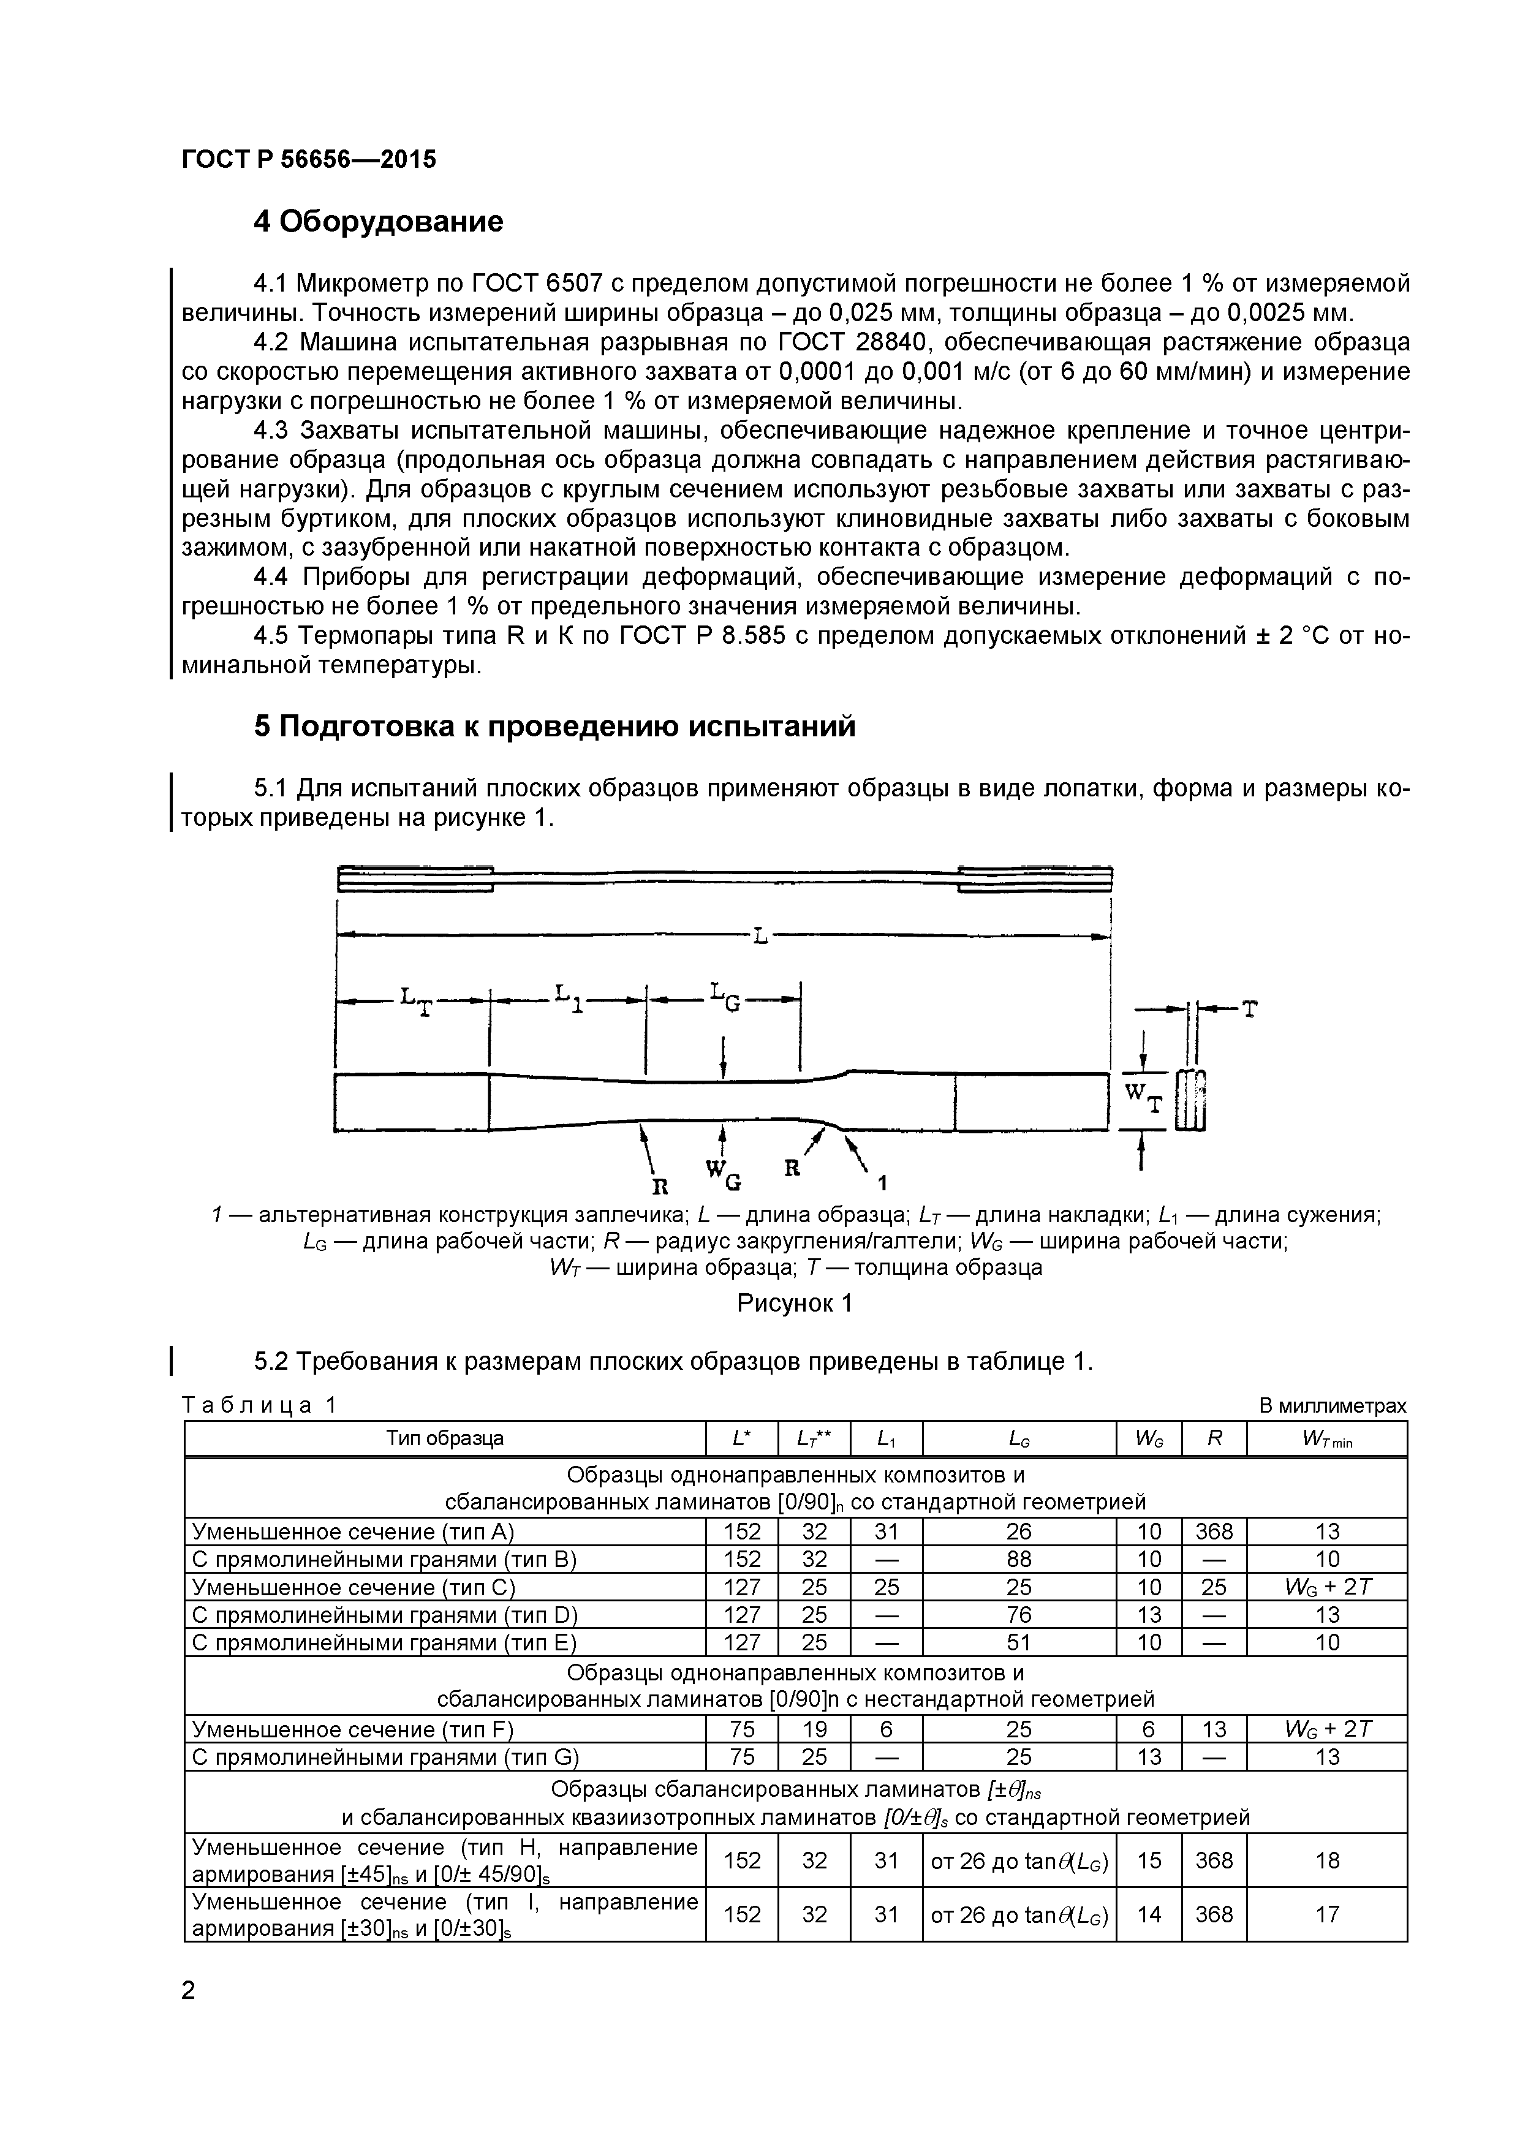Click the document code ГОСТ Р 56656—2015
click(309, 160)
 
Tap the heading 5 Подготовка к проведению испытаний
click(554, 727)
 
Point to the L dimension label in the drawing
click(760, 935)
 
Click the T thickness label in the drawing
click(1249, 1008)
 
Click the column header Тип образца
click(445, 1438)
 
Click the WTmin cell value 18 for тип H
click(1326, 1860)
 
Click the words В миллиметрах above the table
click(1332, 1406)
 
